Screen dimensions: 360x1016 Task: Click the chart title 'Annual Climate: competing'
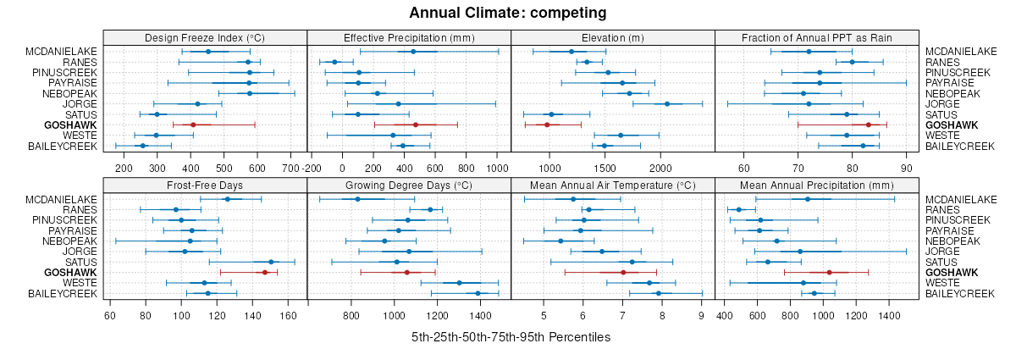(x=507, y=13)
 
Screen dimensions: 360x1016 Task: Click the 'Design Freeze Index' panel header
(x=205, y=37)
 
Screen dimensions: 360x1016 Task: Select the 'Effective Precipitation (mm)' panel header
(x=409, y=37)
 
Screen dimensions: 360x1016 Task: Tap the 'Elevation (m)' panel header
(x=613, y=37)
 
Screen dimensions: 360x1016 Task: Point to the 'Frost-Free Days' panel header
(x=205, y=185)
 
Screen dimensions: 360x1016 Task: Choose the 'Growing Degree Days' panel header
(x=409, y=185)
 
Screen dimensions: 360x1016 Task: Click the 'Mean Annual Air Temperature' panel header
(x=613, y=185)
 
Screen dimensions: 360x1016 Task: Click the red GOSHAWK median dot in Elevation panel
(x=547, y=125)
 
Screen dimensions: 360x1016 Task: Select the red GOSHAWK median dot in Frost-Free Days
(x=265, y=273)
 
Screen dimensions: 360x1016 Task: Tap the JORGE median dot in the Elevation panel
(x=667, y=104)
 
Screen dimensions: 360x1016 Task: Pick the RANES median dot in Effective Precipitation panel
(x=334, y=62)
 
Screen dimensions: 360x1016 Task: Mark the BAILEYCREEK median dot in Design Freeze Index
(x=143, y=147)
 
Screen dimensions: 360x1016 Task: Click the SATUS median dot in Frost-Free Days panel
(x=271, y=262)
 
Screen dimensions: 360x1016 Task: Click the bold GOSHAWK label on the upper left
(x=73, y=125)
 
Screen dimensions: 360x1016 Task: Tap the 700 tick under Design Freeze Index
(x=290, y=167)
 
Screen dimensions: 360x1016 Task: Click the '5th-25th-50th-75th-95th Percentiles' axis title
(x=511, y=337)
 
